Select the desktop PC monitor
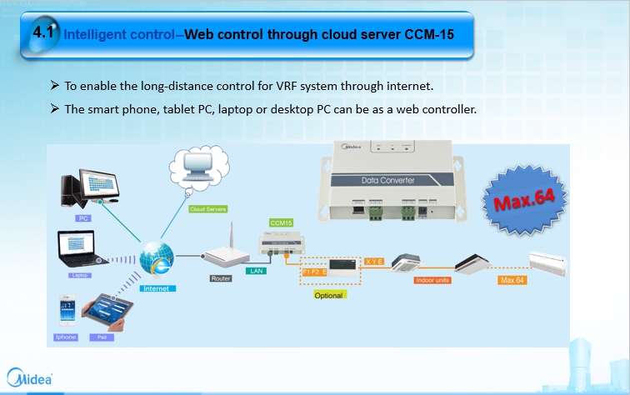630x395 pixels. [94, 187]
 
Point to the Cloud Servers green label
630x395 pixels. [208, 208]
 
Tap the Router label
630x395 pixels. [221, 279]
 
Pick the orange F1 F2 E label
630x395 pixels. [316, 272]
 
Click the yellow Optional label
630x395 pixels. [328, 295]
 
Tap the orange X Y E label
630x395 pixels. [374, 261]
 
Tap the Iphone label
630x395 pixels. [66, 337]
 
